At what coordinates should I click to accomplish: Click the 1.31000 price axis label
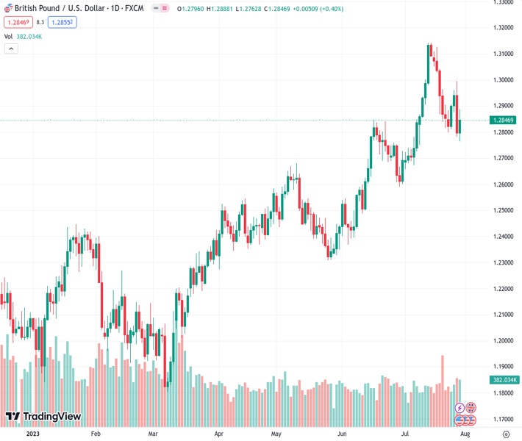pyautogui.click(x=504, y=54)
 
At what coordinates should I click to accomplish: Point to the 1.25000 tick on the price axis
pyautogui.click(x=504, y=210)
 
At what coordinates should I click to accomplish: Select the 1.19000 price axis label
pyautogui.click(x=504, y=366)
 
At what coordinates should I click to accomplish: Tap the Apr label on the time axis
pyautogui.click(x=218, y=434)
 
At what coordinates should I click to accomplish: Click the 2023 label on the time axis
pyautogui.click(x=32, y=434)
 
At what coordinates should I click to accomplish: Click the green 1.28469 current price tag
pyautogui.click(x=504, y=120)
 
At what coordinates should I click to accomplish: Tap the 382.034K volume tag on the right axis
pyautogui.click(x=504, y=379)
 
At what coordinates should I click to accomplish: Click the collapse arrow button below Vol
pyautogui.click(x=11, y=49)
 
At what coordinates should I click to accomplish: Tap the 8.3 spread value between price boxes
pyautogui.click(x=40, y=22)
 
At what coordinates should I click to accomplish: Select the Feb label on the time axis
pyautogui.click(x=95, y=434)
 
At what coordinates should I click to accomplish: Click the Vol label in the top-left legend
pyautogui.click(x=9, y=36)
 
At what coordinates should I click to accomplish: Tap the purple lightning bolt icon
pyautogui.click(x=460, y=407)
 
